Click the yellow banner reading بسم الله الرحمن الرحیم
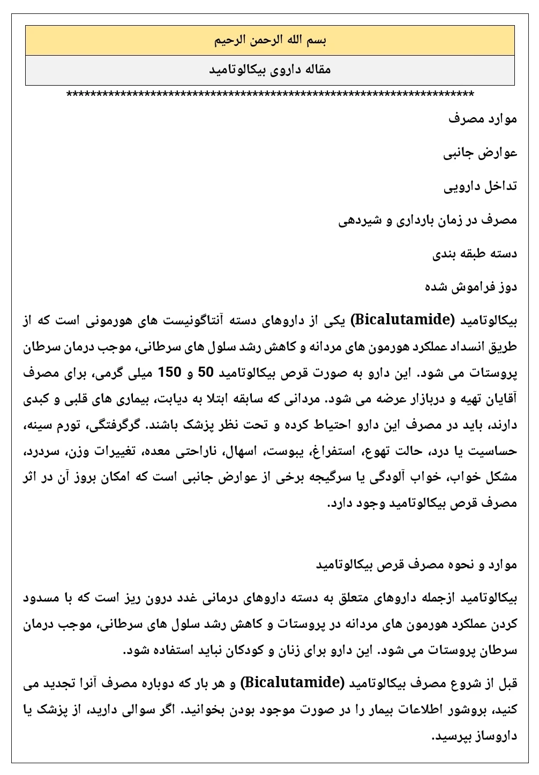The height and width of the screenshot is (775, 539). (x=270, y=40)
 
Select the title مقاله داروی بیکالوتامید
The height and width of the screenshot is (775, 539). (x=270, y=70)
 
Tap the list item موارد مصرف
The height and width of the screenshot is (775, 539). (x=483, y=119)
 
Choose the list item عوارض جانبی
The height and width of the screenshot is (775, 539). (x=481, y=153)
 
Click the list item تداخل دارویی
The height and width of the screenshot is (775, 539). (x=481, y=187)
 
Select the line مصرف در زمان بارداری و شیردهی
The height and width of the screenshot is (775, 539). (x=428, y=220)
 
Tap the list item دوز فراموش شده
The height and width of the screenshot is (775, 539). (x=471, y=287)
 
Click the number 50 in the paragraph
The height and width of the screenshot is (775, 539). (x=205, y=373)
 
